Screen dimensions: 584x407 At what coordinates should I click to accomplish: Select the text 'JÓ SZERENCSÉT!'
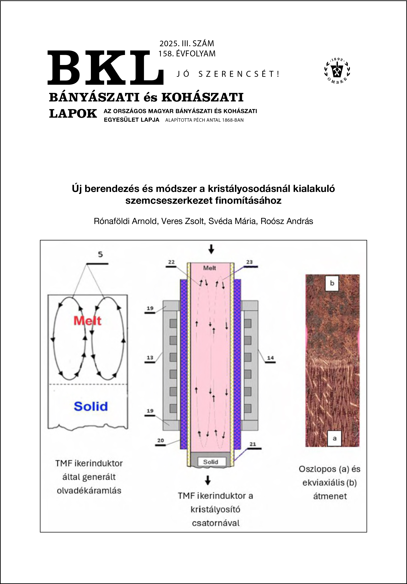pos(228,74)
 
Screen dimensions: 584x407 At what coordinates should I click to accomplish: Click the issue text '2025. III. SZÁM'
pos(187,44)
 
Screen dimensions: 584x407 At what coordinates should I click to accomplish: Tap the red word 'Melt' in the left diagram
pos(87,321)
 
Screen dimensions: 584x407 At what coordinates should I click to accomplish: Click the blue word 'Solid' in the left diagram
pos(91,406)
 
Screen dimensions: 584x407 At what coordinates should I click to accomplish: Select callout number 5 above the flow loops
pos(100,255)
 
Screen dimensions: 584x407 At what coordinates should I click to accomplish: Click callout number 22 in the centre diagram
pos(171,262)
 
